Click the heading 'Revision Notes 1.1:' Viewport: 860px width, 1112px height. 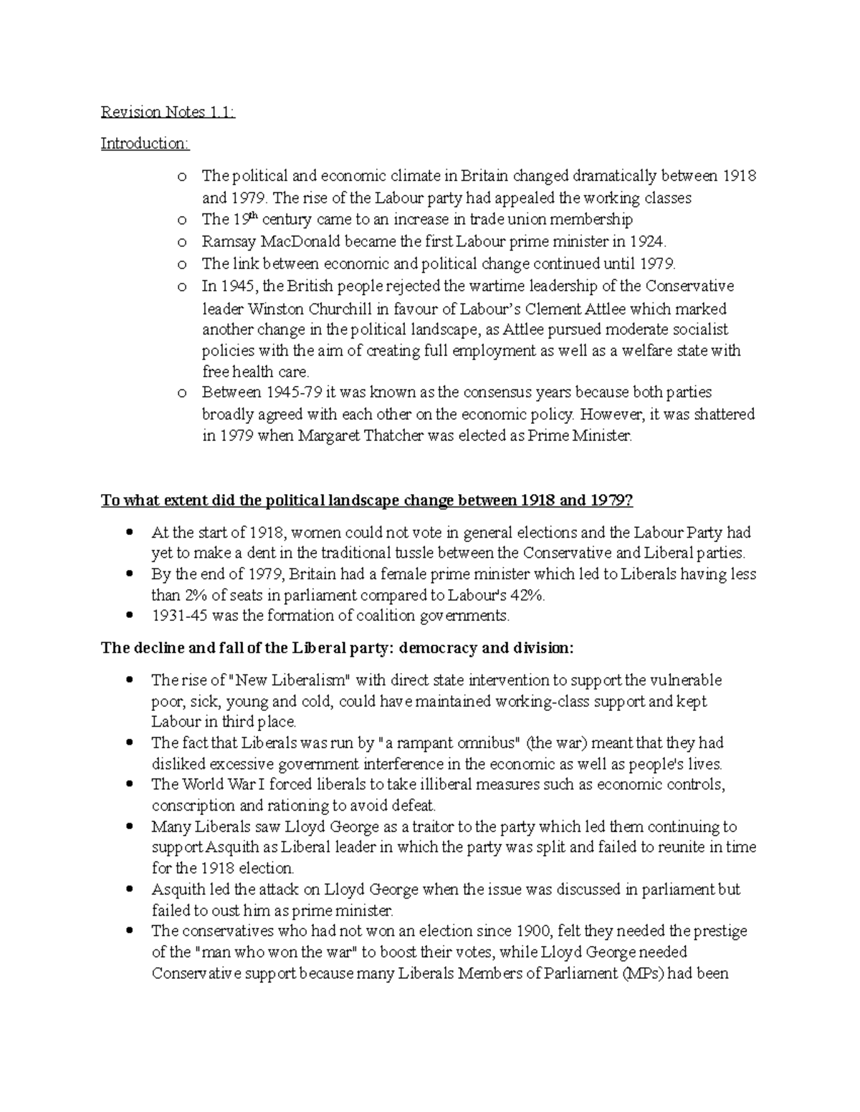(168, 112)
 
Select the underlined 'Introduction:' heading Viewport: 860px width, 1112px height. (145, 143)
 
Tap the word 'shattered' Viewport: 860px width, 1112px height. (722, 415)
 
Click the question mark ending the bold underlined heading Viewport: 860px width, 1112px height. (629, 501)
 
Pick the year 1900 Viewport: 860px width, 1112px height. (534, 931)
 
